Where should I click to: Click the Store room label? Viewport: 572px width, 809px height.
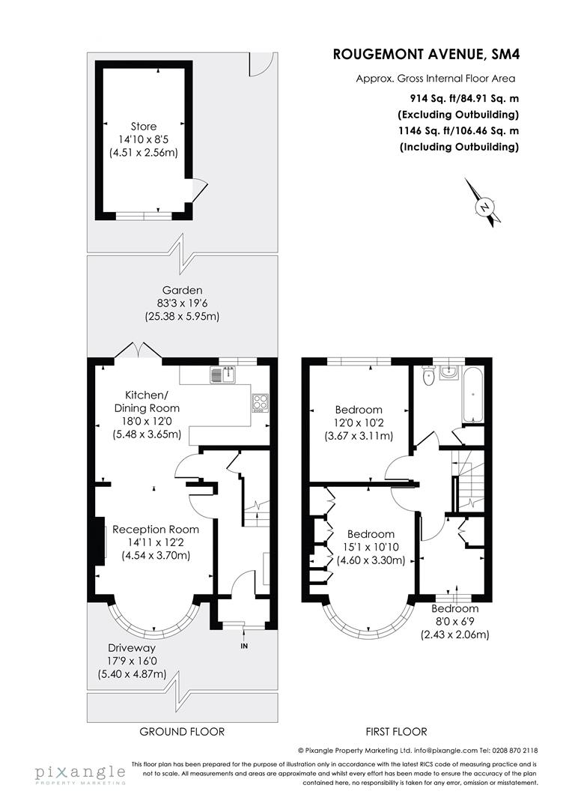pyautogui.click(x=144, y=127)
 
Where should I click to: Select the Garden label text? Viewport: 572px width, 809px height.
pyautogui.click(x=183, y=290)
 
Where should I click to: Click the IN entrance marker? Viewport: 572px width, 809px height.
pyautogui.click(x=243, y=646)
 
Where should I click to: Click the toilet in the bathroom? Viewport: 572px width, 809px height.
pyautogui.click(x=428, y=377)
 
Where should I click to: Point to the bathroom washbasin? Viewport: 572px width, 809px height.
pyautogui.click(x=452, y=372)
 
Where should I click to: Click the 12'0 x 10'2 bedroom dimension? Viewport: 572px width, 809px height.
pyautogui.click(x=359, y=423)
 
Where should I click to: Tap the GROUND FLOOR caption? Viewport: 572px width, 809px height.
pyautogui.click(x=182, y=732)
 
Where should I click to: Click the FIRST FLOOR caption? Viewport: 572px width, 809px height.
pyautogui.click(x=395, y=732)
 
